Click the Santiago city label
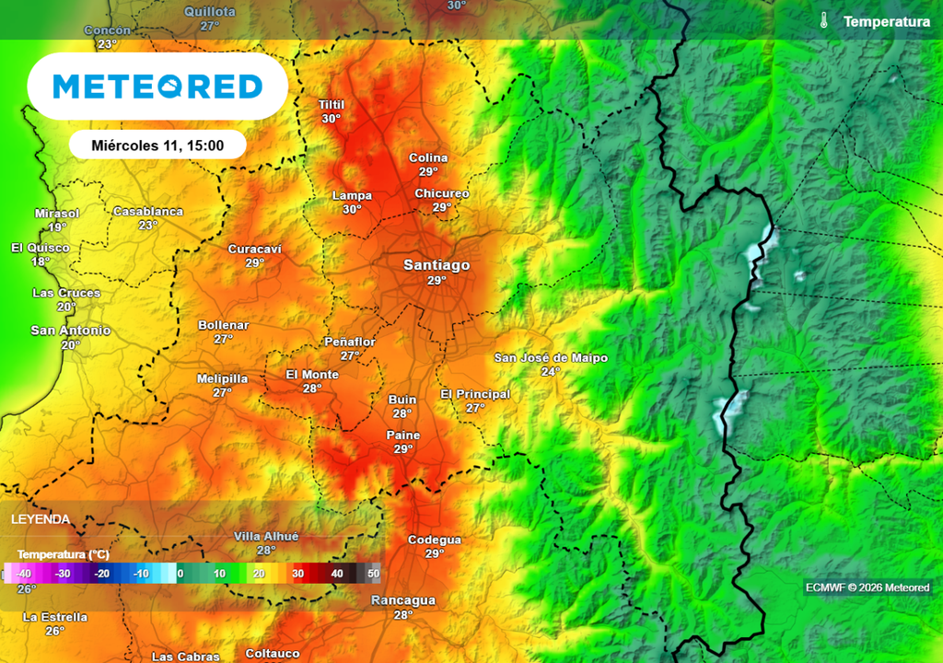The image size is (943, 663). [x=437, y=265]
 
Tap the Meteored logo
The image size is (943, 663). [x=157, y=87]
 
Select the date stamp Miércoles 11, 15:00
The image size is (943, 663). [x=157, y=145]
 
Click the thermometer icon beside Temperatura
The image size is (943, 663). [x=824, y=20]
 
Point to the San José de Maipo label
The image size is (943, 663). [x=551, y=357]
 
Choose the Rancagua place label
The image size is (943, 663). [x=402, y=600]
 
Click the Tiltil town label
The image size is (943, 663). [x=331, y=105]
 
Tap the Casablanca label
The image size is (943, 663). [x=148, y=212]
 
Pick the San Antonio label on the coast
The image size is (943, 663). [x=71, y=331]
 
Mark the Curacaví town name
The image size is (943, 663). [x=255, y=249]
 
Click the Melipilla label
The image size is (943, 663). [x=222, y=378]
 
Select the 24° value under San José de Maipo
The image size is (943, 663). [x=551, y=372]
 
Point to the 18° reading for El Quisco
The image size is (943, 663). [x=41, y=262]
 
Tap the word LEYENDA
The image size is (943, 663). [x=41, y=519]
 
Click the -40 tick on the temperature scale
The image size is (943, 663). [x=24, y=574]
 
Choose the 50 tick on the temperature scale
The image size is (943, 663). [x=373, y=574]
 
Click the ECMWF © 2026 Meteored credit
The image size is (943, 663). [x=867, y=587]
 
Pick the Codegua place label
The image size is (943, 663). [x=435, y=540]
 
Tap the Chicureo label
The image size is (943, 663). [x=442, y=193]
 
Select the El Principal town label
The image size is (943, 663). [x=475, y=394]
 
